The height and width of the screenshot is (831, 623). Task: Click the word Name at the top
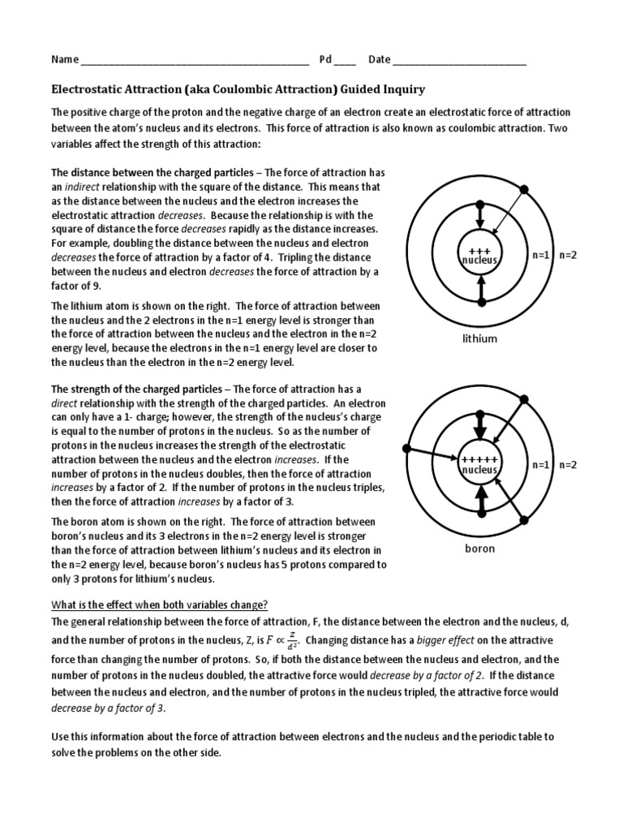coord(65,59)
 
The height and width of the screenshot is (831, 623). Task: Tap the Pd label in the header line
coord(325,59)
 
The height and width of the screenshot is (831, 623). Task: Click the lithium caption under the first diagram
coord(479,338)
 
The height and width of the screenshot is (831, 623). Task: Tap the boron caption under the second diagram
coord(479,549)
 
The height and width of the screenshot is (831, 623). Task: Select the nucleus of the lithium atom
coord(480,255)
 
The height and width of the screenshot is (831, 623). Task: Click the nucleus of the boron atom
coord(479,465)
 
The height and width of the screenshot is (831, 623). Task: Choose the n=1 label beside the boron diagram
coord(541,465)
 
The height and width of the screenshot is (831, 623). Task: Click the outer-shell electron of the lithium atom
coord(524,189)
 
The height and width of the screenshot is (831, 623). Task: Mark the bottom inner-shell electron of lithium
coord(480,303)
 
